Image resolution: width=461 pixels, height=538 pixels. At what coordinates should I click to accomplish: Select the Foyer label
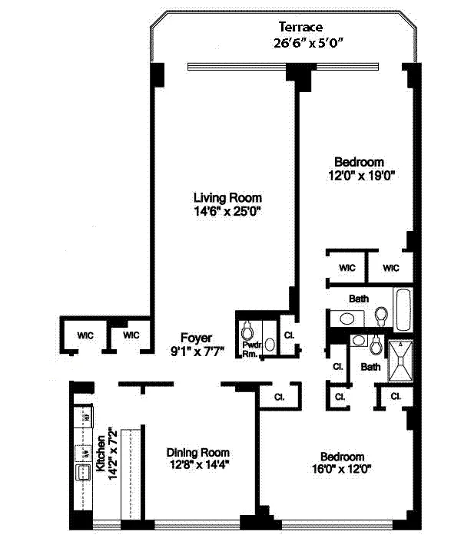pos(196,338)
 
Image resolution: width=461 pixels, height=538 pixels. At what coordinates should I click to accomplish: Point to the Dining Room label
pos(198,453)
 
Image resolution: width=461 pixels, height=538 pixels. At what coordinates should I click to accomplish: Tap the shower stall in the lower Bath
pos(400,361)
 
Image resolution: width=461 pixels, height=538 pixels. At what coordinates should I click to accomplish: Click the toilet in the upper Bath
pos(380,315)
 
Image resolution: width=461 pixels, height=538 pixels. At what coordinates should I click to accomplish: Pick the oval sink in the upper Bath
pos(347,318)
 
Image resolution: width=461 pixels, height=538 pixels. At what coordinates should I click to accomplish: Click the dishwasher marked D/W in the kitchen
pos(81,453)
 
